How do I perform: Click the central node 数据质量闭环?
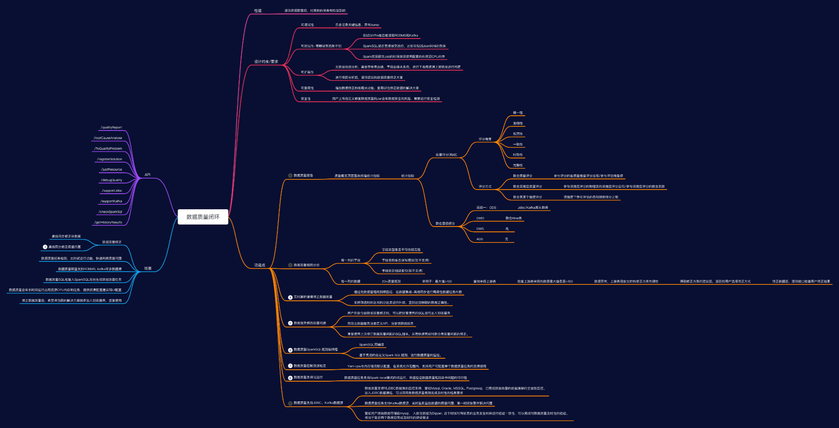pyautogui.click(x=203, y=217)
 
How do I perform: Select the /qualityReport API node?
pyautogui.click(x=111, y=128)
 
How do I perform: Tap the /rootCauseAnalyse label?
pyautogui.click(x=108, y=138)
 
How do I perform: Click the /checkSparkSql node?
pyautogui.click(x=110, y=212)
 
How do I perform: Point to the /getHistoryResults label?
pyautogui.click(x=108, y=222)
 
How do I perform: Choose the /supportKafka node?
pyautogui.click(x=111, y=201)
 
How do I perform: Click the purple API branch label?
pyautogui.click(x=147, y=175)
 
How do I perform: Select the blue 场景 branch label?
pyautogui.click(x=148, y=268)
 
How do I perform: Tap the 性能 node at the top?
pyautogui.click(x=258, y=11)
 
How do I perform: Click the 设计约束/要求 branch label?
pyautogui.click(x=266, y=62)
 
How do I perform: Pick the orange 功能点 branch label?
pyautogui.click(x=260, y=265)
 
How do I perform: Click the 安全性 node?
pyautogui.click(x=306, y=99)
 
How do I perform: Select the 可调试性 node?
pyautogui.click(x=307, y=25)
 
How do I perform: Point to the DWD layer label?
pyautogui.click(x=480, y=218)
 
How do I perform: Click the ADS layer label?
pyautogui.click(x=480, y=239)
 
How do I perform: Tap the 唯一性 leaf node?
pyautogui.click(x=518, y=113)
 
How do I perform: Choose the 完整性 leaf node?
pyautogui.click(x=518, y=165)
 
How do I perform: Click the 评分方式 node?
pyautogui.click(x=485, y=187)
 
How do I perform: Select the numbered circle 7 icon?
pyautogui.click(x=290, y=366)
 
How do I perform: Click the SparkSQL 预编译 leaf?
pyautogui.click(x=372, y=345)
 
